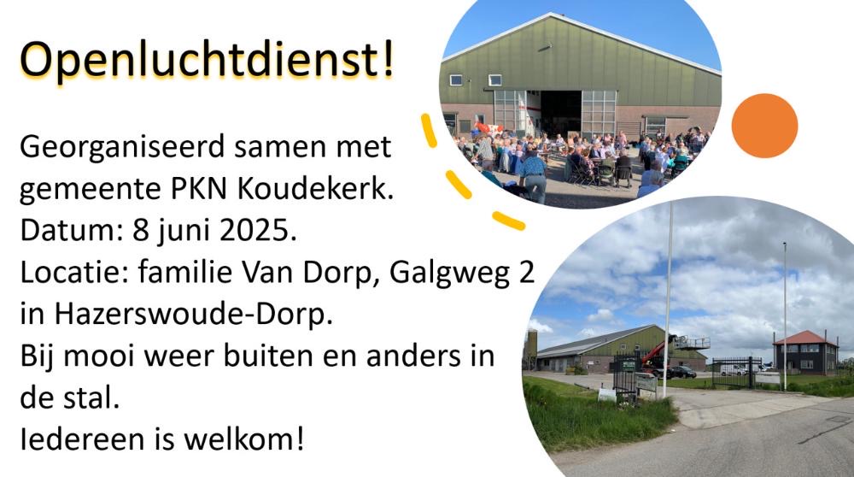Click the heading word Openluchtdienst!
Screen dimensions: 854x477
207,59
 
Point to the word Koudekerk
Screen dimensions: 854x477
316,188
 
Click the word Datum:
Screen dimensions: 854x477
72,230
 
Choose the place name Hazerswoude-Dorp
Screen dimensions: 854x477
193,314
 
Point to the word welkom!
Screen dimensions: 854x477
243,439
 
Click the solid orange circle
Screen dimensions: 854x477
764,126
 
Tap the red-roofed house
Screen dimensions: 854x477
805,353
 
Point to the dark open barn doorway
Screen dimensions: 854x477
561,113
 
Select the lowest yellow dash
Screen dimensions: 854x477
509,221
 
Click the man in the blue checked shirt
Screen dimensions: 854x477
533,174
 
